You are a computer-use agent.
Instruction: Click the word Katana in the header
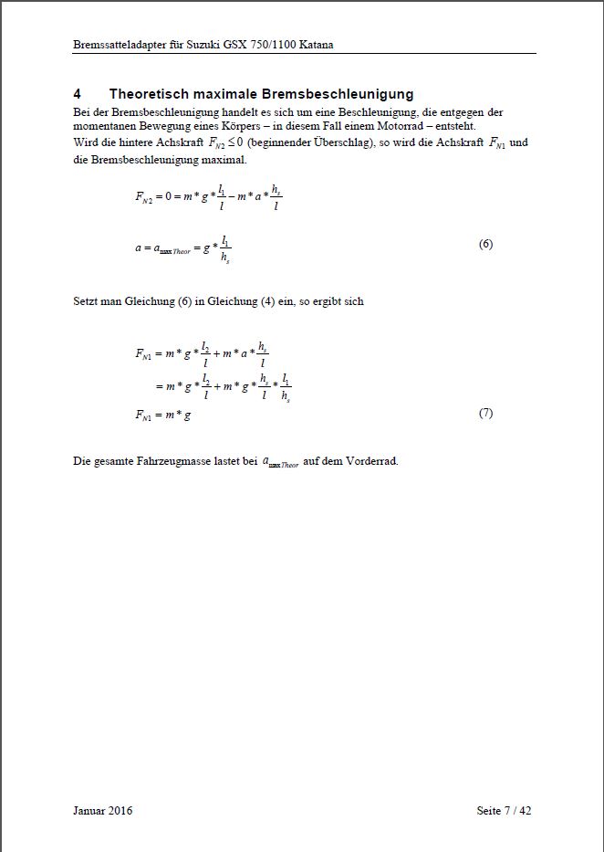pos(313,44)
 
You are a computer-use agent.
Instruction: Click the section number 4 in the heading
pos(78,94)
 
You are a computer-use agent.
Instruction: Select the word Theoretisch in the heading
pos(151,94)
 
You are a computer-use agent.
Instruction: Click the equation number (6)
pos(485,245)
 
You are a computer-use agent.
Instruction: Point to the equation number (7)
pos(485,414)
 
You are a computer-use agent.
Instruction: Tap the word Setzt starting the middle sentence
pos(86,301)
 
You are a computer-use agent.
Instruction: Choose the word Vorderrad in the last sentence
pos(372,461)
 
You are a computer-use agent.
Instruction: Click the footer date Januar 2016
pos(102,810)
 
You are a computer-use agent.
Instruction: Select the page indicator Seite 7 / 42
pos(504,810)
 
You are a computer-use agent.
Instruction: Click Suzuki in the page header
pos(206,44)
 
